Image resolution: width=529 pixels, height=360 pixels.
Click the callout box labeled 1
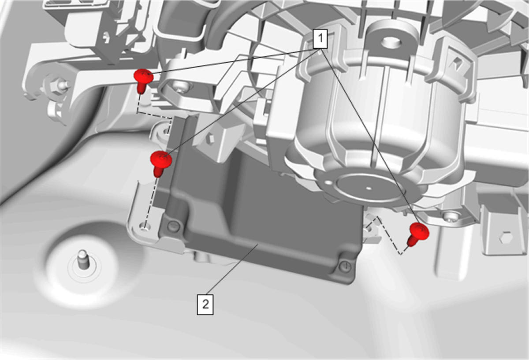click(x=320, y=39)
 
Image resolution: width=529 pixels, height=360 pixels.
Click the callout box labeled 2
click(x=205, y=304)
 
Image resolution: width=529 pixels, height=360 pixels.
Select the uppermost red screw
click(x=143, y=81)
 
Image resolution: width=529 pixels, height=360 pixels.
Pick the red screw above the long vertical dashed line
click(x=161, y=163)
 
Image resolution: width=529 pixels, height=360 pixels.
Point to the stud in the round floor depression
click(x=83, y=259)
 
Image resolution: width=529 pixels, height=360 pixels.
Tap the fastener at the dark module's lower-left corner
click(x=174, y=226)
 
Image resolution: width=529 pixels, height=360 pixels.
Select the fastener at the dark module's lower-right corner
click(x=345, y=267)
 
